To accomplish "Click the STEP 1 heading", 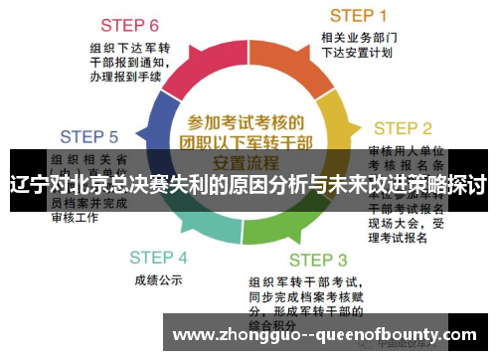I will (358, 15).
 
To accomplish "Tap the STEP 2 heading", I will (402, 128).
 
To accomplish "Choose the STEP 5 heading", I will (89, 136).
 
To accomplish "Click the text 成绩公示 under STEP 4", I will (157, 280).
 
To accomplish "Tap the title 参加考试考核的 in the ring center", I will (246, 122).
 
